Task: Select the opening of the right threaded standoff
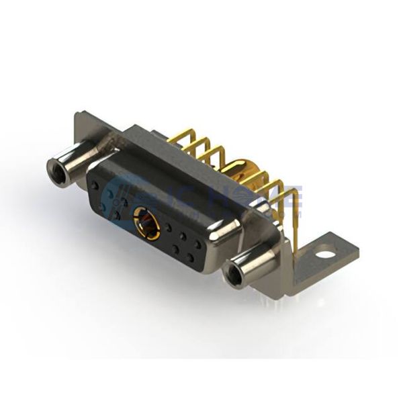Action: coord(235,274)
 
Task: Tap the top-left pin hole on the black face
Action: coord(95,185)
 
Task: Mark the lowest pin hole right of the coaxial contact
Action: coord(190,257)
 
